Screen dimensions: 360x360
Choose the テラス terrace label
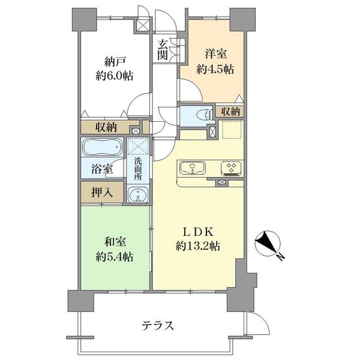pos(158,326)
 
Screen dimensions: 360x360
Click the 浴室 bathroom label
pos(101,169)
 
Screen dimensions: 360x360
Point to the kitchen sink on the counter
pos(193,167)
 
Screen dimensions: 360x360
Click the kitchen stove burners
pos(230,167)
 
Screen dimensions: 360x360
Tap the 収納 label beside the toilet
pos(231,112)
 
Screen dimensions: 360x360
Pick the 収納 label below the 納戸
pos(106,127)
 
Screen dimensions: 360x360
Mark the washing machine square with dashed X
pos(137,146)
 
